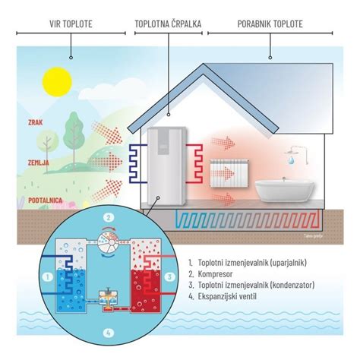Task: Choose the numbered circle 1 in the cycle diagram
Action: [47, 276]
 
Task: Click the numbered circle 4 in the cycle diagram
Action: [109, 333]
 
